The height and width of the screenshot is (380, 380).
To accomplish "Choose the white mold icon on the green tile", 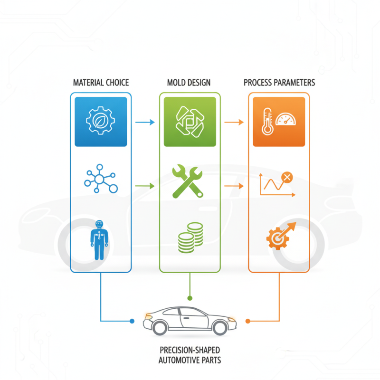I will [190, 121].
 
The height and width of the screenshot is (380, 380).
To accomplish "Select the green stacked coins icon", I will [190, 237].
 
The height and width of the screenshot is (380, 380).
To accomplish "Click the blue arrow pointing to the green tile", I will [145, 123].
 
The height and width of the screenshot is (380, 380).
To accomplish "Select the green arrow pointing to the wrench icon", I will [145, 186].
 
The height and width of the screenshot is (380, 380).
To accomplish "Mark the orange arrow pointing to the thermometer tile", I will [234, 123].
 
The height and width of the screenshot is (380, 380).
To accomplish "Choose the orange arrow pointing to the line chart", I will [234, 186].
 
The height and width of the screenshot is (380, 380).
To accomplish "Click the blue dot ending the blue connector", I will [132, 321].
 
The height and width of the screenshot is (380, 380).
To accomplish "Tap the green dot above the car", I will [190, 298].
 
